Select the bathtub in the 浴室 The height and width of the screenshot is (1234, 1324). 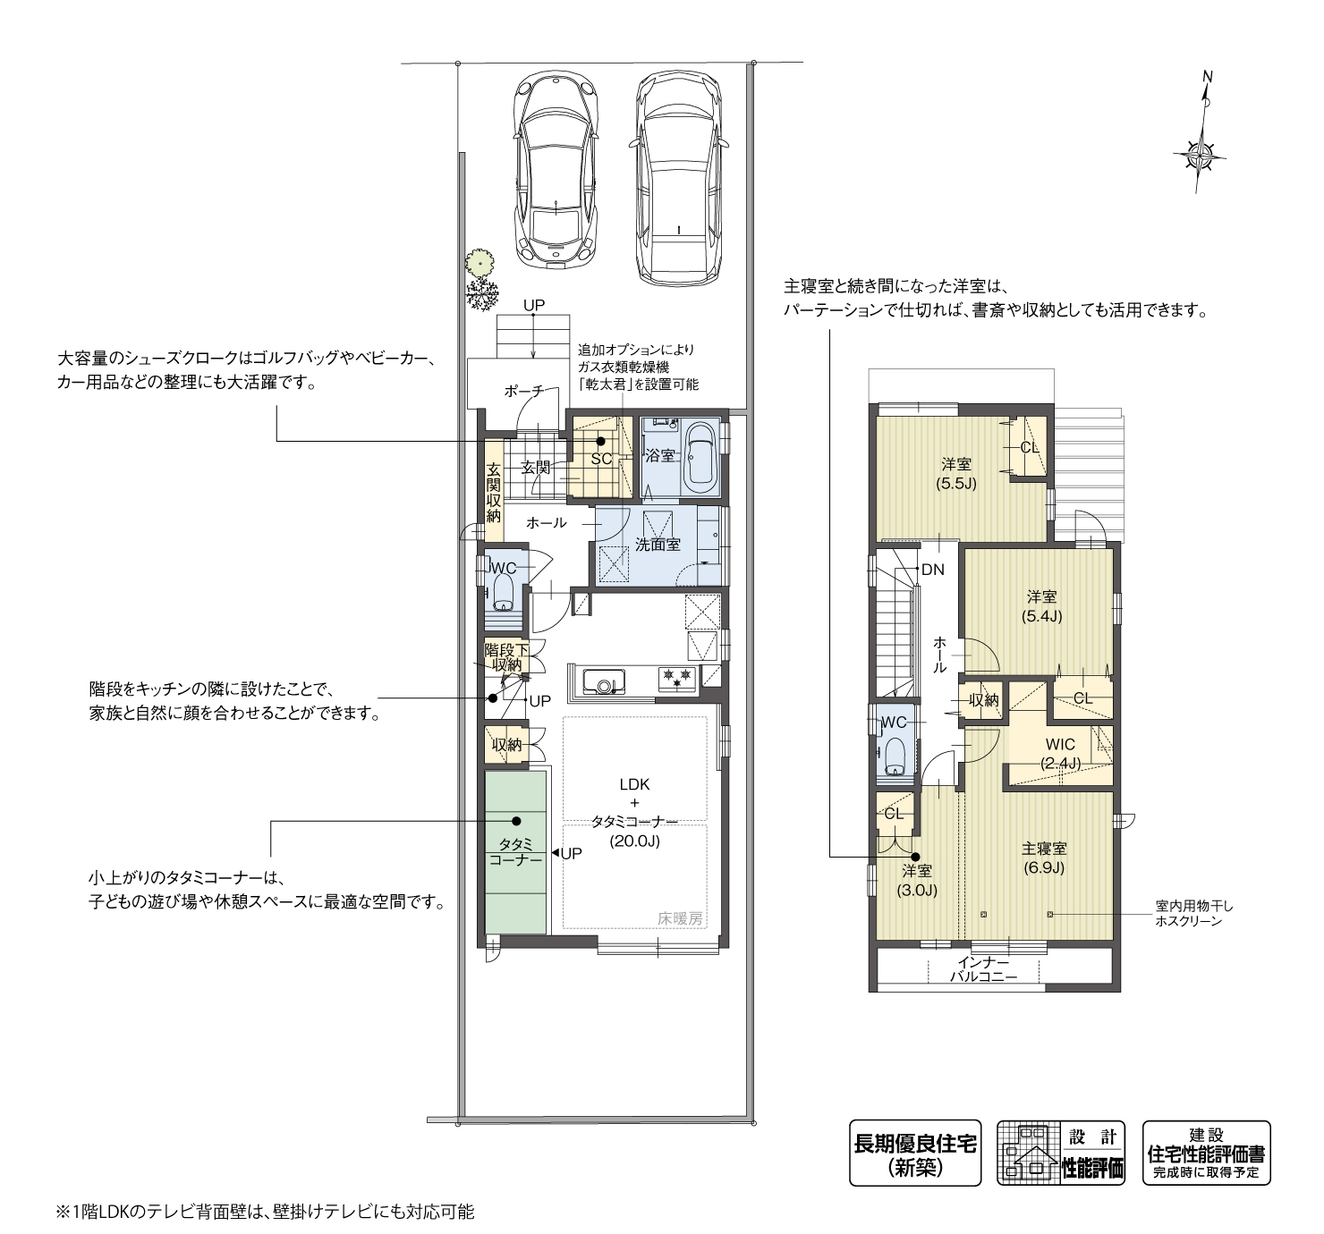click(700, 459)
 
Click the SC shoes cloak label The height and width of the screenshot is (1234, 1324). click(601, 459)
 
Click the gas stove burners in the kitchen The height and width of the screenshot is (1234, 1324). click(677, 676)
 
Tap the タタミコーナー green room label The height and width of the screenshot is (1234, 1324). click(515, 851)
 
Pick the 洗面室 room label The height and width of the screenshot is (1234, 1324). click(658, 544)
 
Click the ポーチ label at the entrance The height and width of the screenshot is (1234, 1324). click(523, 391)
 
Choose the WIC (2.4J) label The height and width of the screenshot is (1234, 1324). click(1060, 754)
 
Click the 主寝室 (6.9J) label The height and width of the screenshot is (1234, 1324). click(1044, 858)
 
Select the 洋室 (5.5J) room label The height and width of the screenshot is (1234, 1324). click(955, 474)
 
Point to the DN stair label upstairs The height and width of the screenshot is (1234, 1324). click(932, 570)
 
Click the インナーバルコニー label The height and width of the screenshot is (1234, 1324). click(983, 970)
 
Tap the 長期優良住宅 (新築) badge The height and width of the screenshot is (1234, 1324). click(914, 1153)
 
